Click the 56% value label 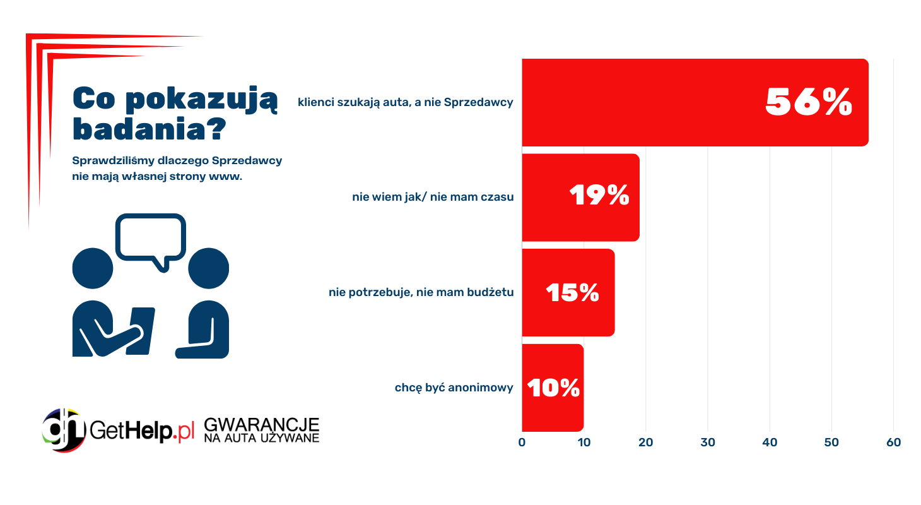(x=809, y=102)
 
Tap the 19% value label (x=599, y=196)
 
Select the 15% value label (x=572, y=292)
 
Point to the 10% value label (x=553, y=388)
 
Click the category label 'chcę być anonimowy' (x=454, y=388)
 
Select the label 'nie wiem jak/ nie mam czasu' (x=433, y=197)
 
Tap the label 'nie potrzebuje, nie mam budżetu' (x=421, y=292)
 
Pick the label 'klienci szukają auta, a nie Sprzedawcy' (x=406, y=102)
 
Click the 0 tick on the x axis (x=522, y=443)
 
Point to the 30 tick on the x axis (x=708, y=443)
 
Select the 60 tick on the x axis (x=893, y=443)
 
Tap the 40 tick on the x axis (x=770, y=443)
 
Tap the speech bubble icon (x=151, y=238)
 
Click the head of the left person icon (x=93, y=268)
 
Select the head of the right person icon (x=208, y=268)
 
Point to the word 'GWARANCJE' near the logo (x=262, y=424)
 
